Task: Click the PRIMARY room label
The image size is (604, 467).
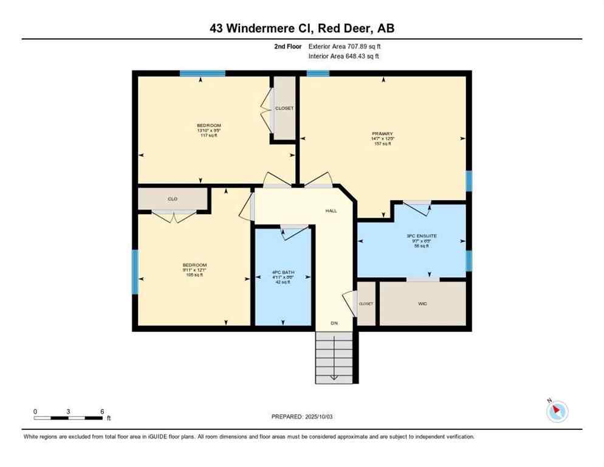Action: [383, 134]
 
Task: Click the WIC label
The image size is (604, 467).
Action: [423, 303]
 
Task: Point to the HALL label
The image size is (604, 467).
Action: [330, 211]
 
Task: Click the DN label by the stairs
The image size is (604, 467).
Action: [334, 323]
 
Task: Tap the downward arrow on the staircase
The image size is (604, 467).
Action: [334, 376]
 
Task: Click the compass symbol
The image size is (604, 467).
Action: [557, 411]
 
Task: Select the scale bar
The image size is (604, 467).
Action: [68, 418]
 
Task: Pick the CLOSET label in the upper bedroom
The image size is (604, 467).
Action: [284, 108]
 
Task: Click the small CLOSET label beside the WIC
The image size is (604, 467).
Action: [366, 303]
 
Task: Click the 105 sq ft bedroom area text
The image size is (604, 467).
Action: [194, 275]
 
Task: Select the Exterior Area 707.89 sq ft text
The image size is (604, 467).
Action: [345, 46]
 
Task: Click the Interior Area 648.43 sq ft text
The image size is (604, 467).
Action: [345, 57]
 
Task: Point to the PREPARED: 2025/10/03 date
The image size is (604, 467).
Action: [302, 417]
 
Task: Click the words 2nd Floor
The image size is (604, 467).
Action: [287, 46]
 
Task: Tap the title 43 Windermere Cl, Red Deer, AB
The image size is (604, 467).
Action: [302, 27]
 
